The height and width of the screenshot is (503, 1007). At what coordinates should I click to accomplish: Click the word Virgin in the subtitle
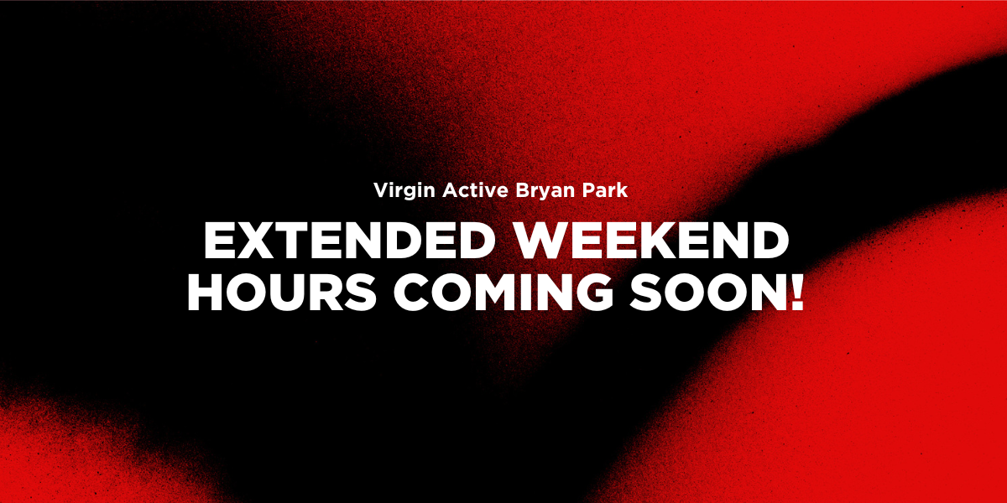click(x=404, y=190)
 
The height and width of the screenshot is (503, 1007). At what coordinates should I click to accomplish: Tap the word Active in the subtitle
click(x=476, y=189)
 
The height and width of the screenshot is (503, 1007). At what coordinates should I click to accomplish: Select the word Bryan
click(x=545, y=191)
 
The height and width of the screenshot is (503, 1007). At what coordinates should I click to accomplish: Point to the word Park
click(x=605, y=189)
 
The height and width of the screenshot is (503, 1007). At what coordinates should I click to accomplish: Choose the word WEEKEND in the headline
click(x=651, y=241)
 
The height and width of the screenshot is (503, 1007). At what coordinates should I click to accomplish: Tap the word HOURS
click(x=282, y=293)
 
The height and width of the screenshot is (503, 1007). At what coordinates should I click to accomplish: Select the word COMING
click(x=504, y=293)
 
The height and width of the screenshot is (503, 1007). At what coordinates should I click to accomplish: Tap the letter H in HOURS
click(x=205, y=293)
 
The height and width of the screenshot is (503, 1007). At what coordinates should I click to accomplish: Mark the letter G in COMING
click(x=596, y=293)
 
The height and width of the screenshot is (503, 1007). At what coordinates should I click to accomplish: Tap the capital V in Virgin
click(x=382, y=189)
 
